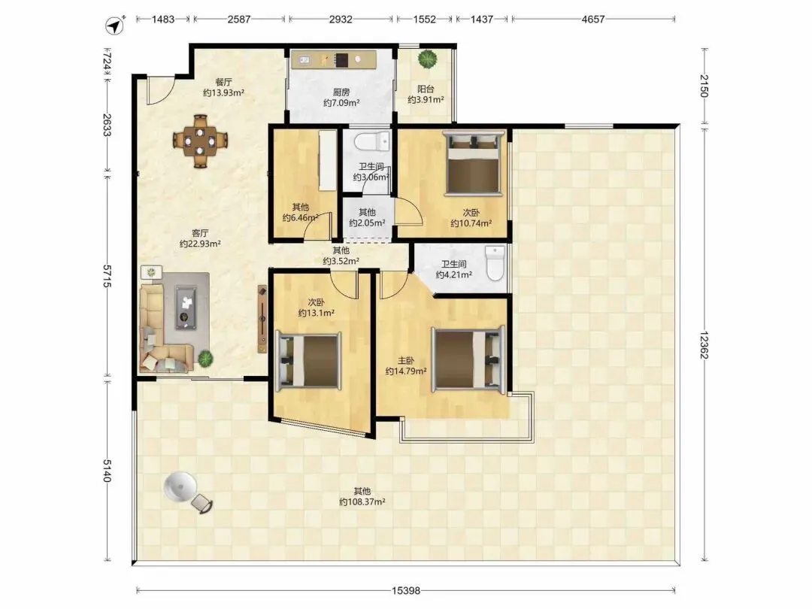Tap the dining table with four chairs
[x=201, y=141]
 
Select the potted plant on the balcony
[x=428, y=59]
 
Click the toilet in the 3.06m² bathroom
[x=372, y=140]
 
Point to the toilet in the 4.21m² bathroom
[x=495, y=263]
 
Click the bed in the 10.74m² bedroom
[x=474, y=163]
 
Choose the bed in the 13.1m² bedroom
[x=309, y=361]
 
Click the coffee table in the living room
[x=186, y=307]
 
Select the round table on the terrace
[x=180, y=486]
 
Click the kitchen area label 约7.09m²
[x=341, y=103]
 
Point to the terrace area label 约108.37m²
[x=362, y=501]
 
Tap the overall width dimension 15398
[x=406, y=590]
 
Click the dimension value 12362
[x=704, y=345]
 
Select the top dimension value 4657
[x=593, y=19]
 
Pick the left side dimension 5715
[x=107, y=276]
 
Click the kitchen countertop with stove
[x=334, y=59]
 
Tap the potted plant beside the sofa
[x=205, y=357]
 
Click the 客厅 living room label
[x=200, y=233]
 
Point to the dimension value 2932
[x=341, y=19]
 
